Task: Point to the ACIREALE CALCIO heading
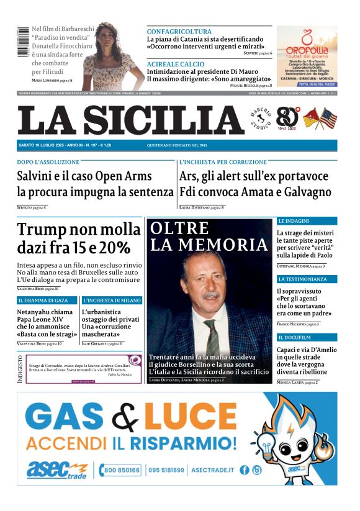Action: tap(176, 64)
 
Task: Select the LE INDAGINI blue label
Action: tap(294, 220)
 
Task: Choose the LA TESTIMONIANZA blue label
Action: tap(302, 279)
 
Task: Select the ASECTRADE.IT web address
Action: tap(211, 470)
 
